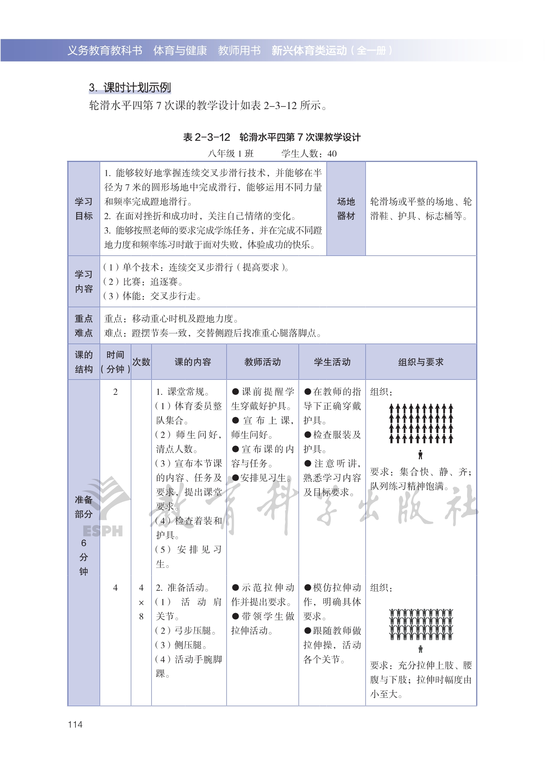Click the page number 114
[x=75, y=724]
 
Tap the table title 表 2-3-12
[x=207, y=137]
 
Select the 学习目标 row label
[x=84, y=209]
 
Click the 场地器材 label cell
[x=346, y=209]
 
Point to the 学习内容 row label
[x=84, y=281]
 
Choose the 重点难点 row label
[x=84, y=326]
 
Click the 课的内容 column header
[x=193, y=362]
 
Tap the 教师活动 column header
[x=262, y=362]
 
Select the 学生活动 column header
[x=332, y=362]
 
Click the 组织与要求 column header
[x=421, y=362]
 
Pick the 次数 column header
[x=141, y=362]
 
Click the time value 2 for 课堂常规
[x=115, y=392]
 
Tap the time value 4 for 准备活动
[x=115, y=588]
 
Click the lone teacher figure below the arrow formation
[x=420, y=454]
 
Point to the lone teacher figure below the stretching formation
[x=420, y=649]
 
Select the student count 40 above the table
[x=332, y=153]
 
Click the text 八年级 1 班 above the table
[x=231, y=153]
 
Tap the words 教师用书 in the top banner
[x=239, y=50]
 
